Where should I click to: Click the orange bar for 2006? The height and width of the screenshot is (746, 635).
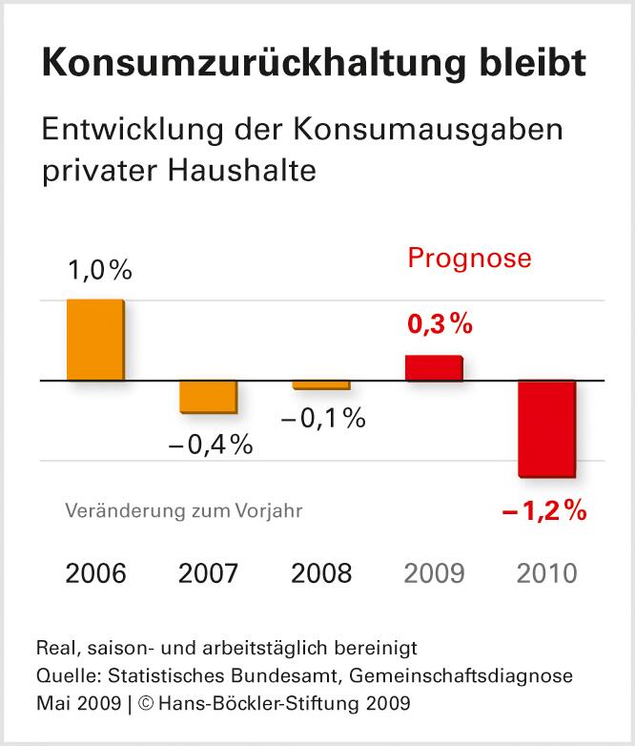click(x=95, y=340)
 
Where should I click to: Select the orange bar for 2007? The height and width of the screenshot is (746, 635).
click(x=208, y=397)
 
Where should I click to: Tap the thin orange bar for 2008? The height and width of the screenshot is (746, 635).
click(x=321, y=384)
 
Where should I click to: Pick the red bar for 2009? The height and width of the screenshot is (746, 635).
click(x=434, y=368)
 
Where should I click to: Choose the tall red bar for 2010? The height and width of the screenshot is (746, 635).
click(x=547, y=427)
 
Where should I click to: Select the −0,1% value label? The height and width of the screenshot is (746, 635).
click(x=322, y=417)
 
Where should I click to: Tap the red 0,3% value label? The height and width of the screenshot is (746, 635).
click(x=440, y=324)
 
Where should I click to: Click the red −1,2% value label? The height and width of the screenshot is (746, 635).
click(x=543, y=511)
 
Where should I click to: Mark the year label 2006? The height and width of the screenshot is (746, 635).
click(x=95, y=573)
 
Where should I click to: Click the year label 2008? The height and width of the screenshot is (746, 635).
click(x=321, y=573)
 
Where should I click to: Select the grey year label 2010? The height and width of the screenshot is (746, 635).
click(x=547, y=573)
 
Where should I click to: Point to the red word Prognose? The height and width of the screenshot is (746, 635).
click(x=469, y=259)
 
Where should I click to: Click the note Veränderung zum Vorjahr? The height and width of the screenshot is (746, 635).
click(x=184, y=510)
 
